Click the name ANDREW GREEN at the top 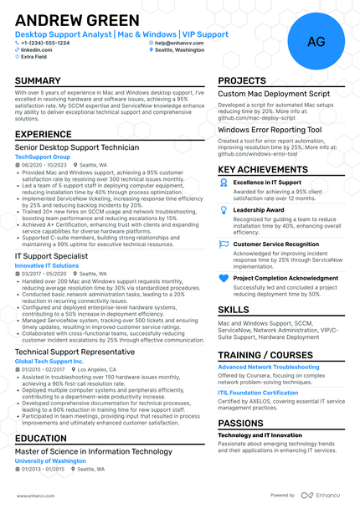point(77,20)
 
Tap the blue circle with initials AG point(316,41)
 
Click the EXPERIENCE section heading point(43,134)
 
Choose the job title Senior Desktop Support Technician point(77,147)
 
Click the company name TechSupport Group point(43,157)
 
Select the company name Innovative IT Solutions point(47,265)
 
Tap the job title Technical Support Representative point(75,352)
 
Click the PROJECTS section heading point(242,81)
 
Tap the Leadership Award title point(259,210)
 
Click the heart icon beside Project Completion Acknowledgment point(224,278)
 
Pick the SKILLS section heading point(234,310)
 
